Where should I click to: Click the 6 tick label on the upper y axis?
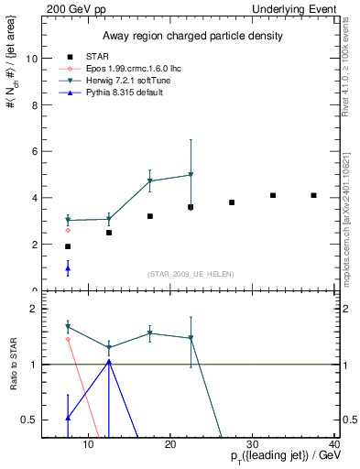coord(35,151)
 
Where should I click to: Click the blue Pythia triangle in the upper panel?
coord(68,268)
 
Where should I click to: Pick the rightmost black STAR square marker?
coord(313,195)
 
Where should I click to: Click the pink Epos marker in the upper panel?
coord(68,230)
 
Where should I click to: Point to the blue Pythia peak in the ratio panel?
coord(109,362)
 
